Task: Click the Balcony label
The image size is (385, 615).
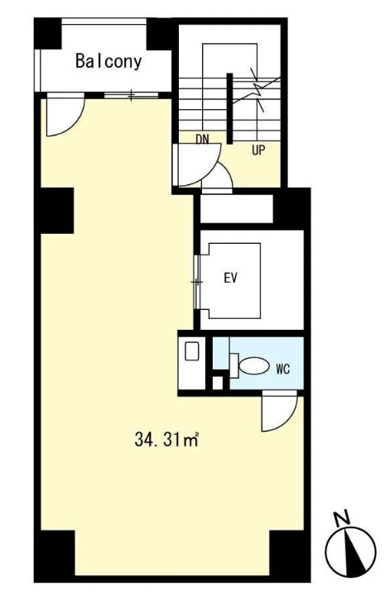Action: pos(108,61)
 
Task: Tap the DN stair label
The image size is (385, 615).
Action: pos(202,139)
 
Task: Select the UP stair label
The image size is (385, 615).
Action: pos(258,150)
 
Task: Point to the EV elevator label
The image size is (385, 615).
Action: pos(231,278)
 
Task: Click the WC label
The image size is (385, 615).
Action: pos(283,369)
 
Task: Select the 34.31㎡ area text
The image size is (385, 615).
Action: pos(166,440)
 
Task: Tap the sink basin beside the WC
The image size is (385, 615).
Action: pos(192,351)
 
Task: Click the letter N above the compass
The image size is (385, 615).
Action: pos(342,518)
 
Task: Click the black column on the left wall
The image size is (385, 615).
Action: pos(56,211)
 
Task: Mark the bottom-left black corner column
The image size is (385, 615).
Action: pos(55,554)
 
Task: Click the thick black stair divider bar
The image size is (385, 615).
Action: pos(229,108)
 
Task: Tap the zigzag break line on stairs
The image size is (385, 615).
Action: pos(257,89)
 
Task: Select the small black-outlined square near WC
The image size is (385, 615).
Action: pos(217,383)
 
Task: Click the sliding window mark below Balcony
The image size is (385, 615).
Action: pos(131,95)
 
